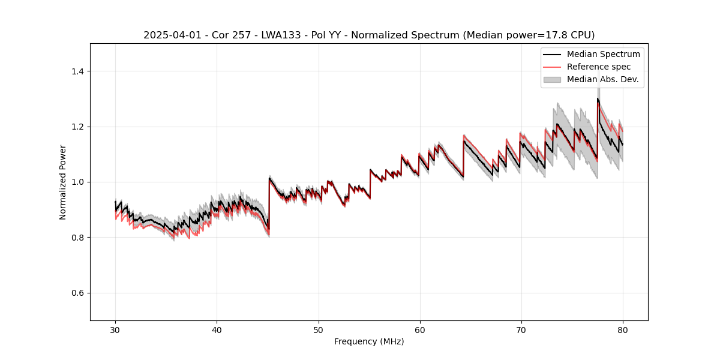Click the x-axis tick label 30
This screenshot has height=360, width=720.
(x=115, y=329)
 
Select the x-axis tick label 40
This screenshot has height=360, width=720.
(x=217, y=329)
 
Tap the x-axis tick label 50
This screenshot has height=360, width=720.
(x=318, y=329)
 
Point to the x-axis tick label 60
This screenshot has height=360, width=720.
(x=419, y=329)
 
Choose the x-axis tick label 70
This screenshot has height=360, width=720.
(x=521, y=329)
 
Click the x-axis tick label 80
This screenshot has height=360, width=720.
(x=622, y=329)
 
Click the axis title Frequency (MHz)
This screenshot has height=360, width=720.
(x=369, y=341)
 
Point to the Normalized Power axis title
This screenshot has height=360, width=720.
(x=63, y=182)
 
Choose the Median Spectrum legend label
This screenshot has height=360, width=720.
(x=603, y=55)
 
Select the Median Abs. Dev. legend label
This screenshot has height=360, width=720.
(x=602, y=79)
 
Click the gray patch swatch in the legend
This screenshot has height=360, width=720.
(x=552, y=79)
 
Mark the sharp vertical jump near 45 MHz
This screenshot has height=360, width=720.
(x=269, y=204)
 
